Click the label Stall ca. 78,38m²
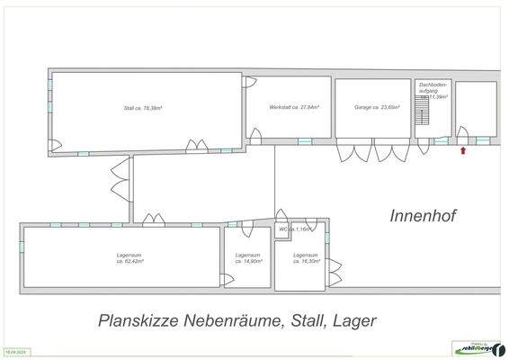pos(142,108)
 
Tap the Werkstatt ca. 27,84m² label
pos(289,107)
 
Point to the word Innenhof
pos(424,215)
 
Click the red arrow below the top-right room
pos(464,151)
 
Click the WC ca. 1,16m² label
pos(295,229)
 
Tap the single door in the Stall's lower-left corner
pos(54,145)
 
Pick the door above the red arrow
pos(462,134)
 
